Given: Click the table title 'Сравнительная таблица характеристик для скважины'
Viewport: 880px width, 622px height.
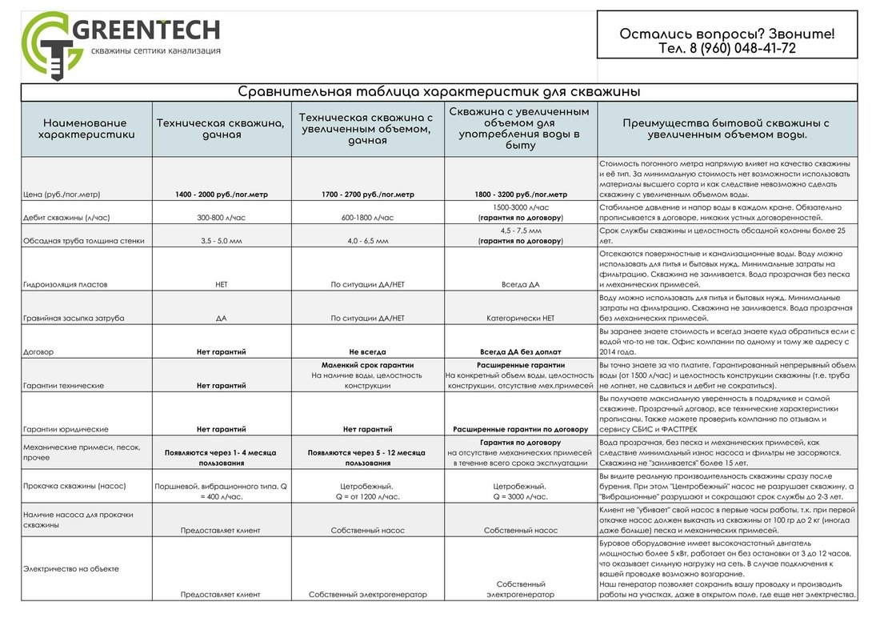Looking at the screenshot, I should pos(439,92).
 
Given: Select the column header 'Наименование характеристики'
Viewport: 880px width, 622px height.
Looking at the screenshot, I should pos(86,129).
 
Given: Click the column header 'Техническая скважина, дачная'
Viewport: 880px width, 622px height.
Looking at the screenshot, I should pos(221,129).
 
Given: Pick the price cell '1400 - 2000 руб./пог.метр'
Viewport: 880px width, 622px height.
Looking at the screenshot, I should pos(221,195).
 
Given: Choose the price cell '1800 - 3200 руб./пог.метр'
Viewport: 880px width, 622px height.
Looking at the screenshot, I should pos(520,195).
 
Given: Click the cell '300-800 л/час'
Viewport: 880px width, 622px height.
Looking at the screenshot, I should pos(221,218).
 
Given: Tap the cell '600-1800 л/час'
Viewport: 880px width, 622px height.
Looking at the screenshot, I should pos(368,218).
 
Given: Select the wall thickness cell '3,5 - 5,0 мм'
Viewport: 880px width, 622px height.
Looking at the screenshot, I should pos(221,240).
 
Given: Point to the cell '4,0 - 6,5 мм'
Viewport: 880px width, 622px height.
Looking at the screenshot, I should pos(368,240).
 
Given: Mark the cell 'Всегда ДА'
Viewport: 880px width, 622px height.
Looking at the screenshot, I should pos(520,284).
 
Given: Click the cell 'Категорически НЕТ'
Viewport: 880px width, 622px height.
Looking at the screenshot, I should pos(520,318).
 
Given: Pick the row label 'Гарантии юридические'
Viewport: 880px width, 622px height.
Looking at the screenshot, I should pos(66,429).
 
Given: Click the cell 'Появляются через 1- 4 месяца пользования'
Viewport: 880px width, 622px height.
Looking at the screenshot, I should pos(221,457).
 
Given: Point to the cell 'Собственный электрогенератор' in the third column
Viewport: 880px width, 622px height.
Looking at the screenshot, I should pos(368,595).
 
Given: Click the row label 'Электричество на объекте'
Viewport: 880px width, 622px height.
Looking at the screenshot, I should pos(72,569).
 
